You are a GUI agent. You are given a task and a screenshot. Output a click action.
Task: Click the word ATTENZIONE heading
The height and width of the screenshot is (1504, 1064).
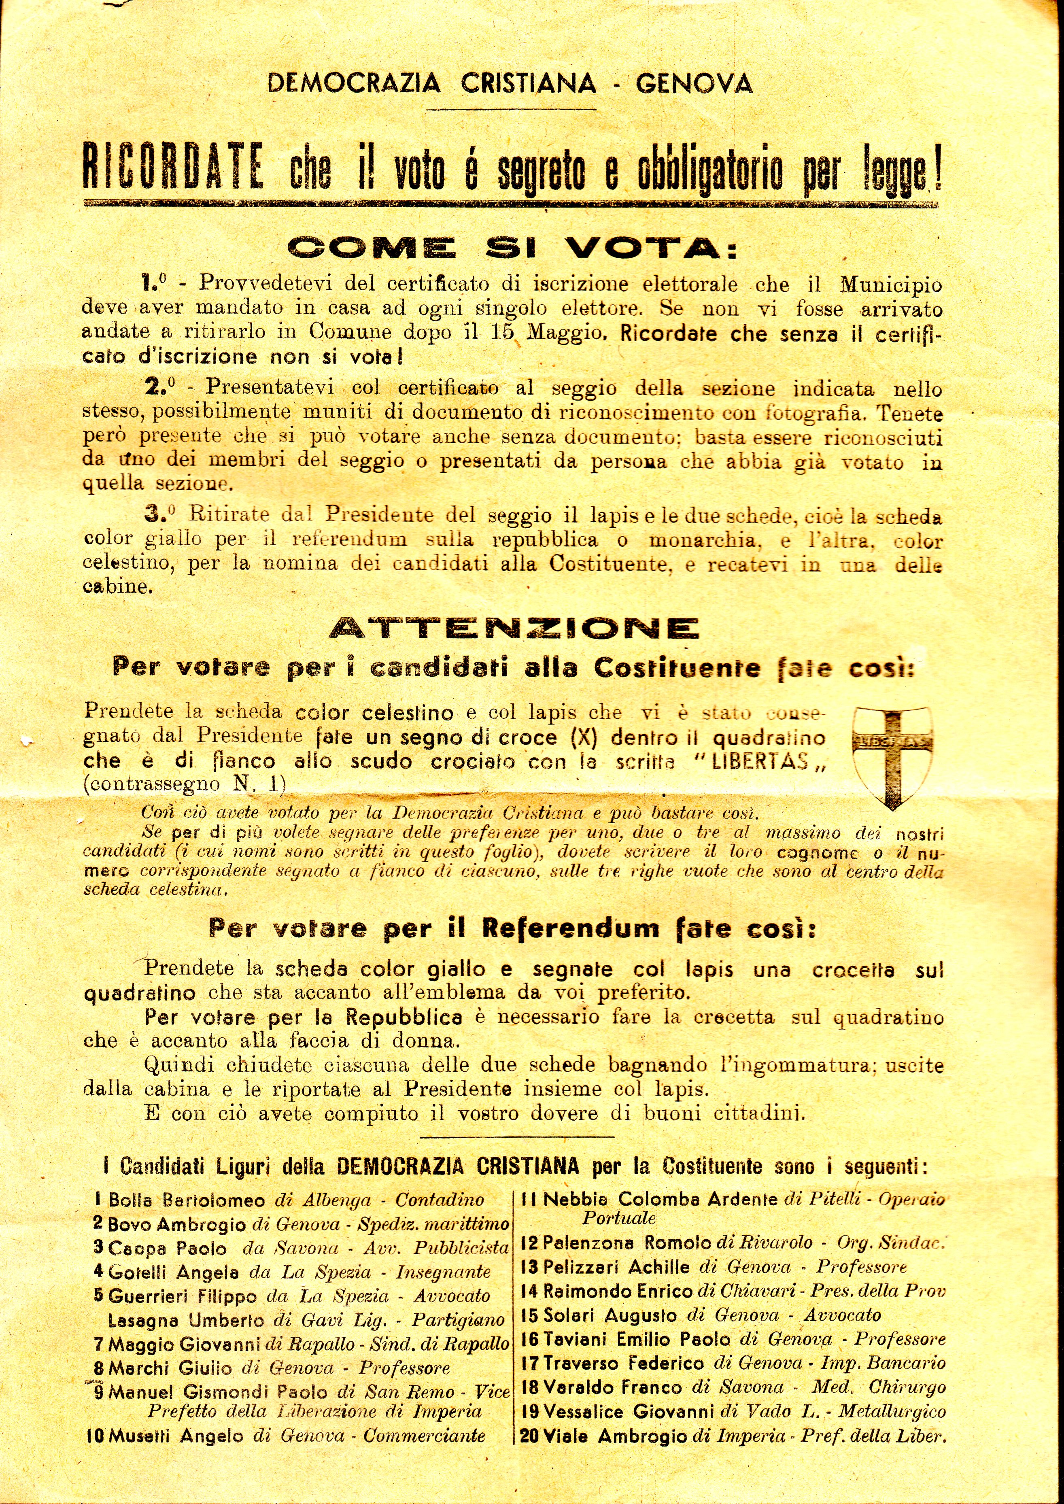click(x=514, y=629)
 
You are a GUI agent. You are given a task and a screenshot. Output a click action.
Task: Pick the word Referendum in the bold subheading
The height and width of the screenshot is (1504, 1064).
click(x=571, y=928)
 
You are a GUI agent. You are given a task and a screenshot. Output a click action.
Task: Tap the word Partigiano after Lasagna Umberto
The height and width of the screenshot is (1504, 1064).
click(x=458, y=1320)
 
